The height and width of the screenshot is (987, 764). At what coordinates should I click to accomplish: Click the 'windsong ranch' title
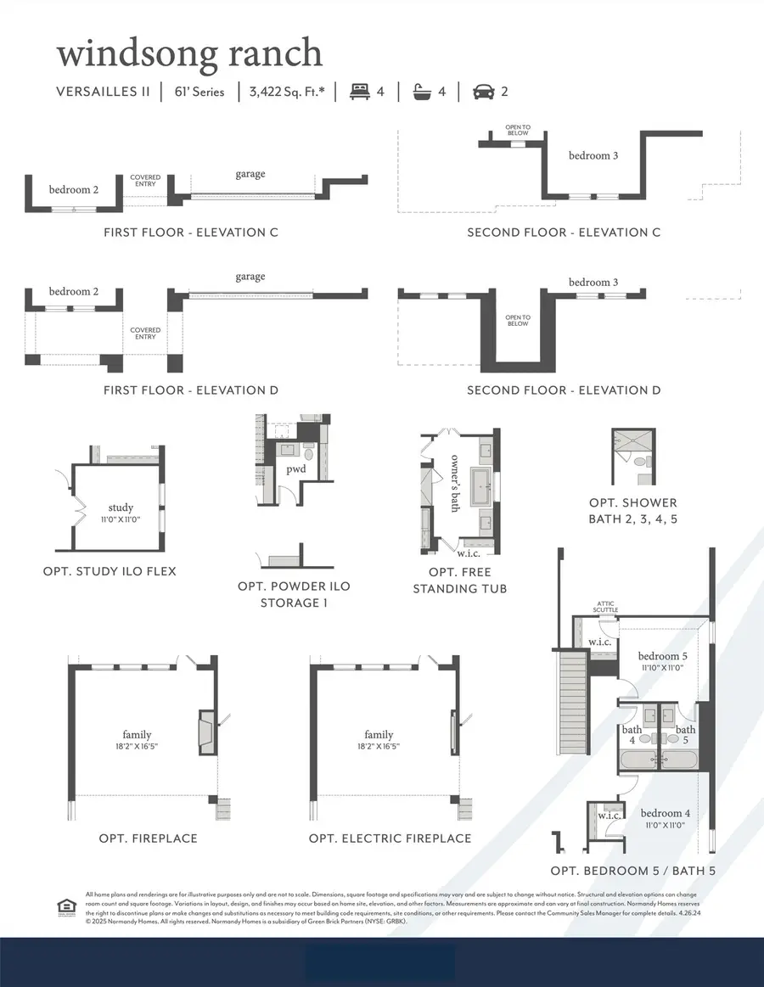tap(189, 53)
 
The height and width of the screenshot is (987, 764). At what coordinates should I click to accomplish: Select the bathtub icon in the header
tap(420, 91)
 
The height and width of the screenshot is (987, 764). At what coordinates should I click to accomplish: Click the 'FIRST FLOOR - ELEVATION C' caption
tap(190, 232)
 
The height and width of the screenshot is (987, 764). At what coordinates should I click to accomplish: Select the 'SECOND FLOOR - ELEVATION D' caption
tap(564, 390)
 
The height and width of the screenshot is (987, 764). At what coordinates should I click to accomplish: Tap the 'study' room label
tap(121, 508)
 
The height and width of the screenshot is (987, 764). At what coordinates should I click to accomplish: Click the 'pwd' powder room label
tap(295, 468)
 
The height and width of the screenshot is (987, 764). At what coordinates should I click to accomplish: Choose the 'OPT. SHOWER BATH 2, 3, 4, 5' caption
tap(632, 510)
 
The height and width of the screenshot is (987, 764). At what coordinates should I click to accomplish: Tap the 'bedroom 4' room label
tap(666, 812)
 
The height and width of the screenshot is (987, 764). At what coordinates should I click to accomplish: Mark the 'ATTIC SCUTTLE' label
tap(605, 606)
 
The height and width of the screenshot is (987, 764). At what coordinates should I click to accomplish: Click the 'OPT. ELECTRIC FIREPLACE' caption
tap(390, 838)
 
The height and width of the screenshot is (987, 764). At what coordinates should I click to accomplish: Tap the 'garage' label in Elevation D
tap(250, 276)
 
